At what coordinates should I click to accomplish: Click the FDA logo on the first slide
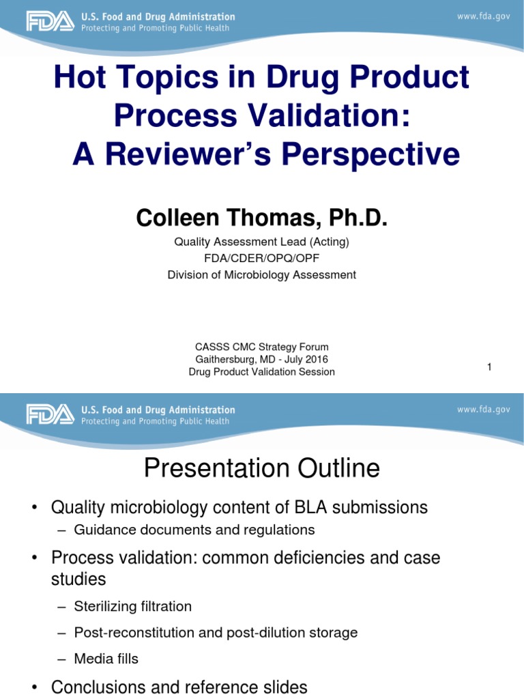point(49,22)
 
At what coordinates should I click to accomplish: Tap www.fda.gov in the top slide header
point(483,17)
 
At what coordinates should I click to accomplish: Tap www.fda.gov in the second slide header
point(483,410)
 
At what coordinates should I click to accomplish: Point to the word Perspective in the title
point(364,155)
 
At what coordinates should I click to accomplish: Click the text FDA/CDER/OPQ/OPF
point(262,258)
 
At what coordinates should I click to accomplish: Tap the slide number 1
point(489,367)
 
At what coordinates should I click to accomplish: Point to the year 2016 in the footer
point(315,359)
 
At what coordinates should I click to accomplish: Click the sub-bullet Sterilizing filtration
point(133,606)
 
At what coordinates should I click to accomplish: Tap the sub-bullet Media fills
point(106,659)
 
